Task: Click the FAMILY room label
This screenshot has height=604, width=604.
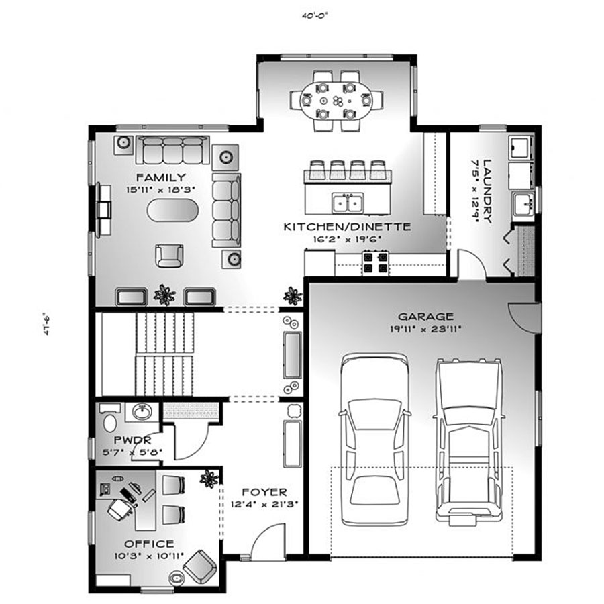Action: pos(161,178)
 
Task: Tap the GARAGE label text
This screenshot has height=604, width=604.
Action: pos(425,317)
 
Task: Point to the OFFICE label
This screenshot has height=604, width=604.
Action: pos(149,544)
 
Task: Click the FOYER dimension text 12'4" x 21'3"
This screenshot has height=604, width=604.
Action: pos(264,504)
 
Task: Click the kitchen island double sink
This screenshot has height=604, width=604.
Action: pos(348,203)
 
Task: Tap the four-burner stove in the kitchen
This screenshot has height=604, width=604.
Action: pos(375,262)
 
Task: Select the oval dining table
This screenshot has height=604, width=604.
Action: pos(336,101)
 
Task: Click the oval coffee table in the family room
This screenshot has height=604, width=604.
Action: pos(172,210)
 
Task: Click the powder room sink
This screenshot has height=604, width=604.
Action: pos(142,412)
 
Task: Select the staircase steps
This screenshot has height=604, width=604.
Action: pos(164,354)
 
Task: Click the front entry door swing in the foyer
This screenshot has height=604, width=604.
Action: pos(268,540)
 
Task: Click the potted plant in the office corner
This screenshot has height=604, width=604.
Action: pos(209,479)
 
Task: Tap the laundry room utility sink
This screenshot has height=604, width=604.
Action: pos(523,203)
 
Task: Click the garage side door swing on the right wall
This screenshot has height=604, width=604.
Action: pos(523,317)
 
